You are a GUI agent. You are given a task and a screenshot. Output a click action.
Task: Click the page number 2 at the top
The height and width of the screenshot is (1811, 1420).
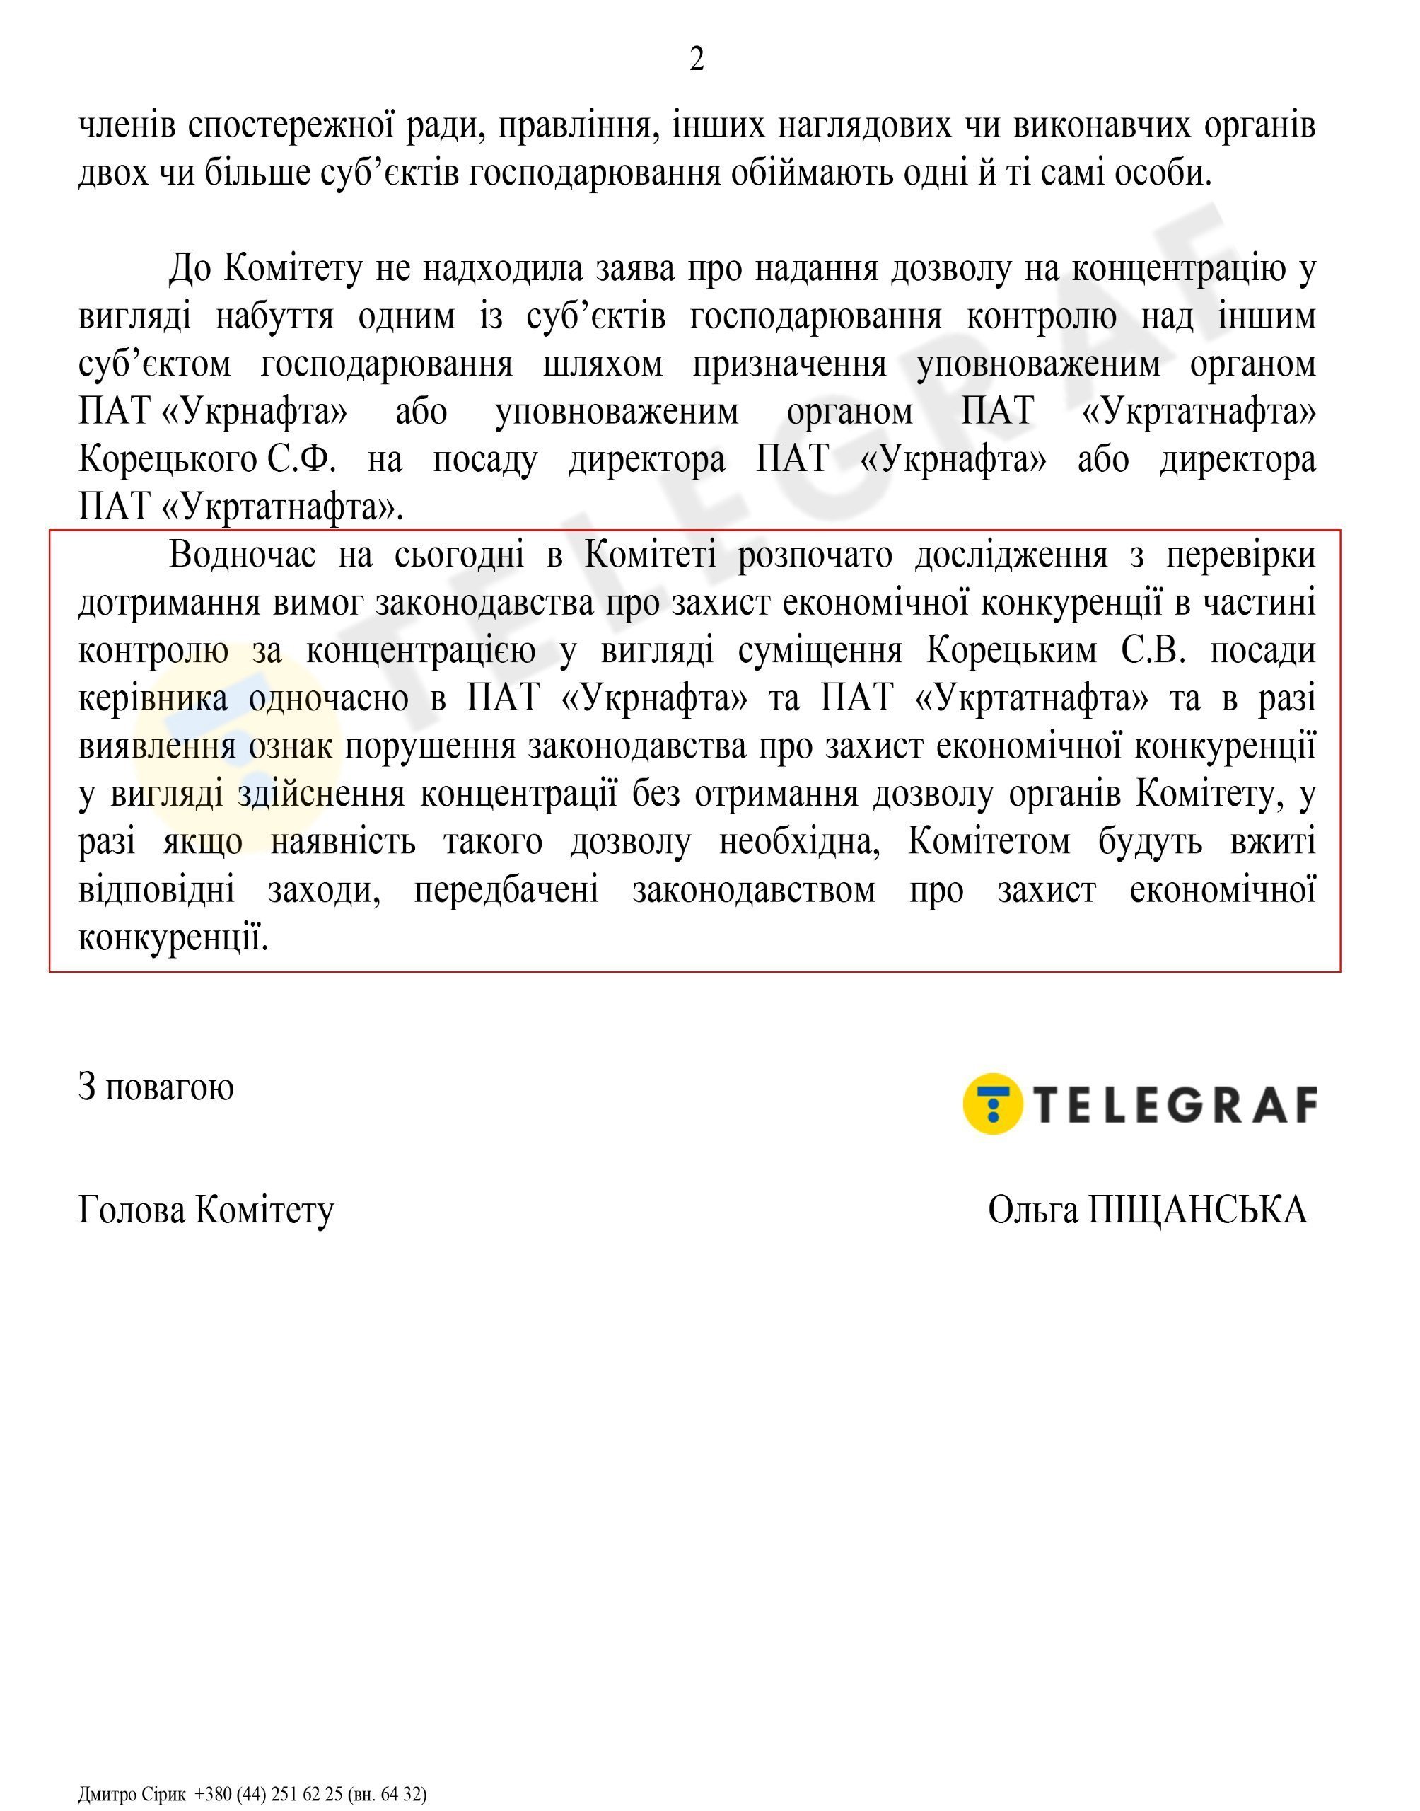[x=697, y=60]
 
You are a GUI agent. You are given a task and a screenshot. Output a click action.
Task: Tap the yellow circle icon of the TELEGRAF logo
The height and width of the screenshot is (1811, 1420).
[x=992, y=1104]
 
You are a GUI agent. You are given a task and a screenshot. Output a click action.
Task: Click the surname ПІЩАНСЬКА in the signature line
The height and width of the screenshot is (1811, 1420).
[x=1198, y=1210]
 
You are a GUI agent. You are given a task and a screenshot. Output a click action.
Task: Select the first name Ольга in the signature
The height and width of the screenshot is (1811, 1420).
[x=1035, y=1210]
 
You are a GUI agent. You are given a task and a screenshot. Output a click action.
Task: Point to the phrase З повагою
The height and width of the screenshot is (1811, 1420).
[x=156, y=1087]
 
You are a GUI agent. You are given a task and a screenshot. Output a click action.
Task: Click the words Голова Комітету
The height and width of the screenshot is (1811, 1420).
[x=206, y=1210]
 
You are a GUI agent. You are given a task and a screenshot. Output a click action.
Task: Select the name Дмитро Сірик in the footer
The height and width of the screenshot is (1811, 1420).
[x=132, y=1793]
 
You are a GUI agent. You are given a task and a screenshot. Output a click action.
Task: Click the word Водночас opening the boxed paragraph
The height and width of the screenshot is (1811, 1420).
[x=242, y=555]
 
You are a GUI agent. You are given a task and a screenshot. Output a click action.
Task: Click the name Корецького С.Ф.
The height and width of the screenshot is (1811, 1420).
[x=207, y=459]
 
